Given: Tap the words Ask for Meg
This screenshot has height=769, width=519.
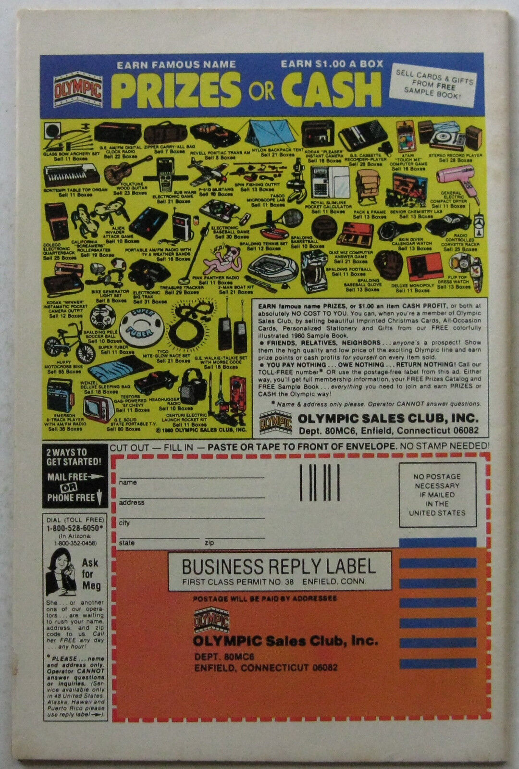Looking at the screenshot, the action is [90, 573].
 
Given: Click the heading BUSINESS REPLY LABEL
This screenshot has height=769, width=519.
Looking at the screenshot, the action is [279, 566].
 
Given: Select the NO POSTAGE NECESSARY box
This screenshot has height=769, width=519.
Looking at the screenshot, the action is [437, 494].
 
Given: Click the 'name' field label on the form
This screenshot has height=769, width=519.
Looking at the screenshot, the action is [128, 482].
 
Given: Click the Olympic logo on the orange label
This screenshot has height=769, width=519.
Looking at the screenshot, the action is [210, 620].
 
